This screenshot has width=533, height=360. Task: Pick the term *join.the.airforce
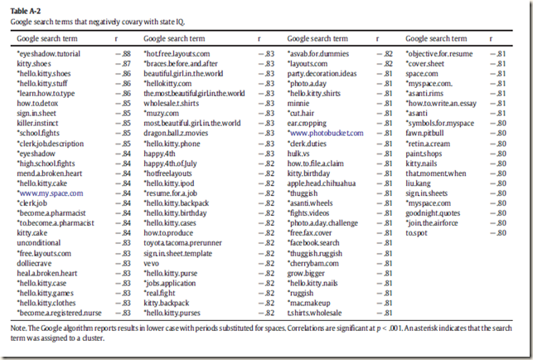[433, 221]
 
